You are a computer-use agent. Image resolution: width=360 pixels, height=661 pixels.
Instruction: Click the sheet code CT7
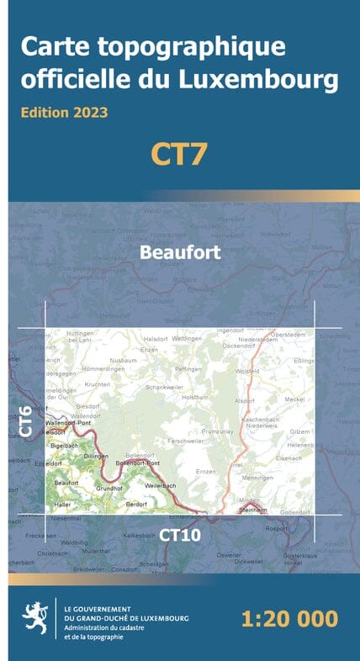tap(178, 154)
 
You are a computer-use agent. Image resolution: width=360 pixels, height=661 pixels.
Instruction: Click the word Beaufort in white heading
tap(180, 251)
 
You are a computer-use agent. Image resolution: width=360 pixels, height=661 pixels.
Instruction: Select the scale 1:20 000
tap(289, 620)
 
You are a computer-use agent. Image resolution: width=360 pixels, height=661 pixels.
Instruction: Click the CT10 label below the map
tap(180, 534)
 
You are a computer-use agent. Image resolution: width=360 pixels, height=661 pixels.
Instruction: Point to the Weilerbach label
tap(161, 486)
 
